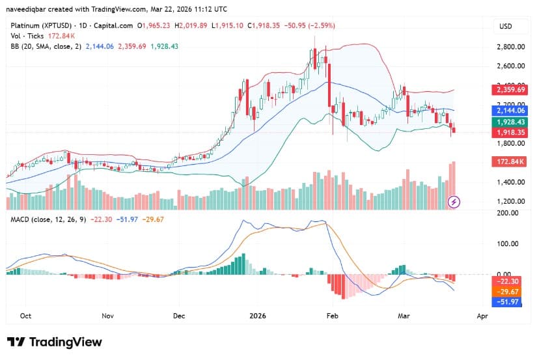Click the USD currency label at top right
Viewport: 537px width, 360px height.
pyautogui.click(x=505, y=25)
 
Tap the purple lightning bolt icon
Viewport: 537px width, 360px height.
pyautogui.click(x=454, y=202)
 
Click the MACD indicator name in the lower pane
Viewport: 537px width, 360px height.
pyautogui.click(x=18, y=219)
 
